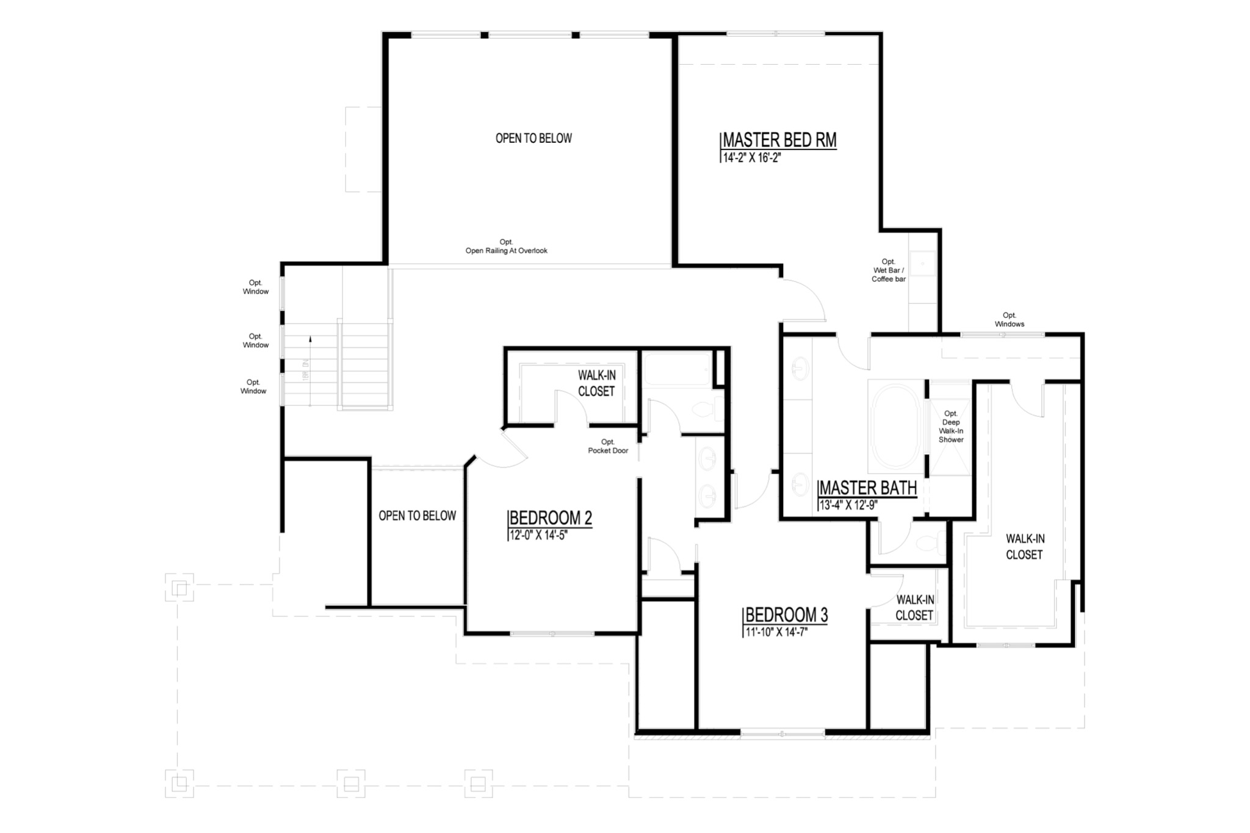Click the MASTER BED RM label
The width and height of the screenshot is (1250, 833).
pos(779,140)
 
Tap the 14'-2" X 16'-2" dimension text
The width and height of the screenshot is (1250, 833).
pos(752,157)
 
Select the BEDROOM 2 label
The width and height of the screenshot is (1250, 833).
pos(551,518)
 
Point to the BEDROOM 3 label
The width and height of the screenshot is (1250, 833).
pos(787,615)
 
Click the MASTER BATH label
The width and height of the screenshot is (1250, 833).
pos(867,488)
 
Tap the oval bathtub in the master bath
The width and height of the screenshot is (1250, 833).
pos(896,425)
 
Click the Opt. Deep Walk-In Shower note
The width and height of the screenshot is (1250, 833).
pos(951,427)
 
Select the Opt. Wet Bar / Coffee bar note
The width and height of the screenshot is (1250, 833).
pos(888,270)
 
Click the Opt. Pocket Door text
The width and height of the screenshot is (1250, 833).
pos(608,446)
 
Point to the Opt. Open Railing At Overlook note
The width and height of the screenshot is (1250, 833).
pos(506,247)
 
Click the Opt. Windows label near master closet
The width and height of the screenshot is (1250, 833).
pos(1009,320)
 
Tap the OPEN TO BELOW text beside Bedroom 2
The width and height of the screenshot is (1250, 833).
pos(417,516)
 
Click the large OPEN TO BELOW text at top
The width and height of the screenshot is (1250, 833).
pos(533,139)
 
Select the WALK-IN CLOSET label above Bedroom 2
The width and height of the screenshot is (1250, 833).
pos(596,384)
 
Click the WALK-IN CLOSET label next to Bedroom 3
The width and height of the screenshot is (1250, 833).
pos(914,608)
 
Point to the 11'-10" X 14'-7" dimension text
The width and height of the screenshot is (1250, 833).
pos(776,632)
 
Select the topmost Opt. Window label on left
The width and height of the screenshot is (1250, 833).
pos(256,287)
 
